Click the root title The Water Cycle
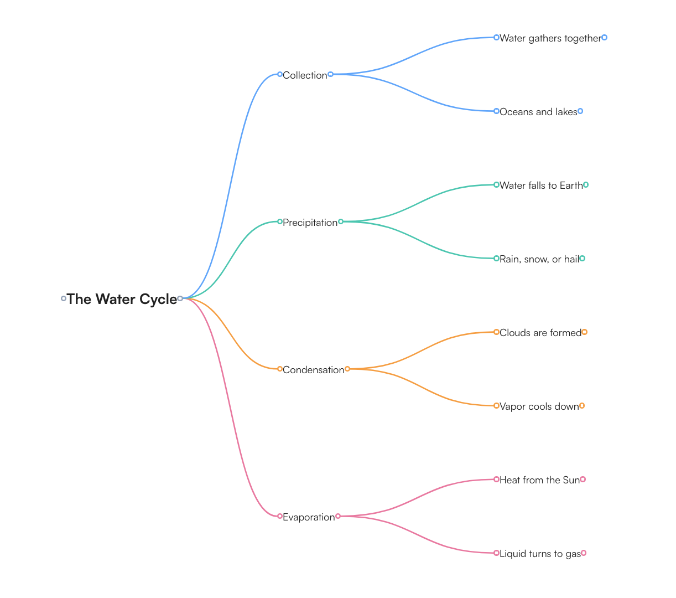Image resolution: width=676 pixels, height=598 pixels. pos(122,299)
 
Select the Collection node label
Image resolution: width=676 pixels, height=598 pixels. pos(305,75)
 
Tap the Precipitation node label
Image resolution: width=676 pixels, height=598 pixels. pos(310,223)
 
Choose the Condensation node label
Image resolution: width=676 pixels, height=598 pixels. pos(313,370)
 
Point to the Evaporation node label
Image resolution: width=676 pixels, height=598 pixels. pos(309,517)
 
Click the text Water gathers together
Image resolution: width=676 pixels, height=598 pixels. pos(550,38)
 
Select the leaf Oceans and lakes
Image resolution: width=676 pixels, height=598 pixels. pos(538,112)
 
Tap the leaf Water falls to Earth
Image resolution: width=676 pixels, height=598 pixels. pos(541,185)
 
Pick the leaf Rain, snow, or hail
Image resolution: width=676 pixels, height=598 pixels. pos(539,259)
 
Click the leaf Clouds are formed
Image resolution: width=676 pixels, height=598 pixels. pos(540,333)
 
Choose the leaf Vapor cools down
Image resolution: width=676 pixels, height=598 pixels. pos(539,406)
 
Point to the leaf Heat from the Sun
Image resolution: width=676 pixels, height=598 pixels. pos(539,480)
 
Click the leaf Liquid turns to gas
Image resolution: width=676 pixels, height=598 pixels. pos(540,554)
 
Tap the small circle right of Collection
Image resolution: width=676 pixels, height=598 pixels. pos(330,74)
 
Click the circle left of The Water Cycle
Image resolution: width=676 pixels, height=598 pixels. pos(64,298)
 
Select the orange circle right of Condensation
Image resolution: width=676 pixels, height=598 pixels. pos(347,369)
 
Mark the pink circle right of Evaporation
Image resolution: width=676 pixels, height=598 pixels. pos(338,516)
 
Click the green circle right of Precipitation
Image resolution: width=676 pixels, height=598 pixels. pos(341,221)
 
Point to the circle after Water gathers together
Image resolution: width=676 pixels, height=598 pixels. pos(604,38)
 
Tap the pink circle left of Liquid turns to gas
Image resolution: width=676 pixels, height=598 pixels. pos(497,553)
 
